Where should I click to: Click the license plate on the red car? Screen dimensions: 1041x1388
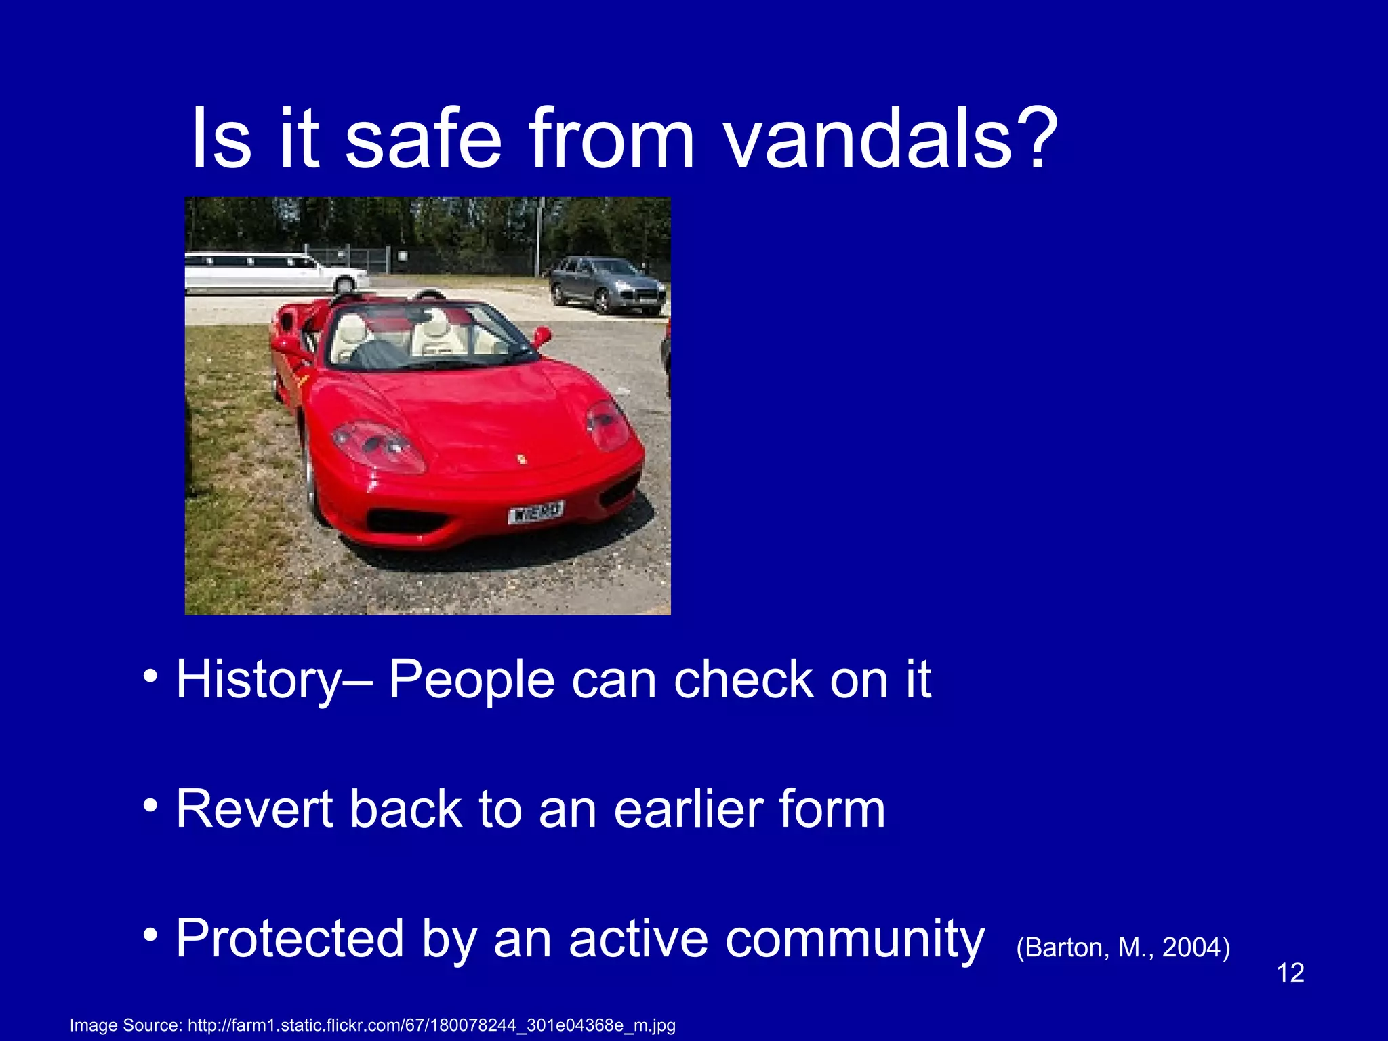535,512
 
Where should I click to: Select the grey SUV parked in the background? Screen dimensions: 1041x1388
607,285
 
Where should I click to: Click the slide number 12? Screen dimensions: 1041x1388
1290,973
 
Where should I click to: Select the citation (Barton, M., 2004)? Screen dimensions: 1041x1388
1123,947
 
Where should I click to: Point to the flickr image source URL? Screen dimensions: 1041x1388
432,1025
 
